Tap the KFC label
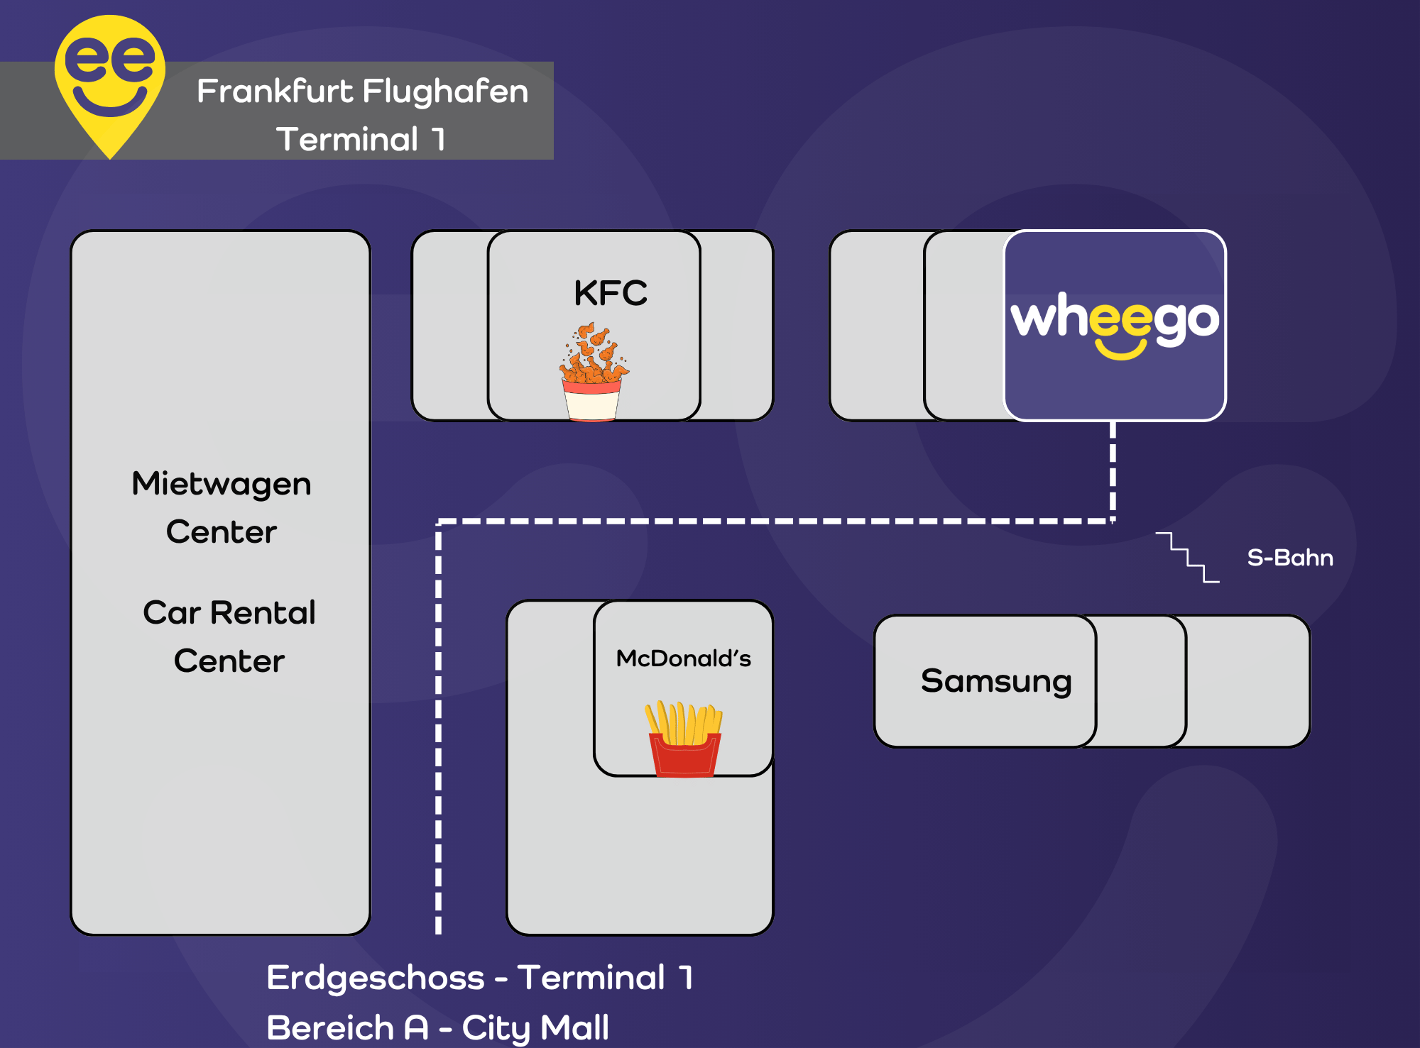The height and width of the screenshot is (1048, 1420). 611,293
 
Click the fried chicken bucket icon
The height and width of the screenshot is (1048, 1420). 593,373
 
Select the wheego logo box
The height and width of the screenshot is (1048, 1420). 1115,325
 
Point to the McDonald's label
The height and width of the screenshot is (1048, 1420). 683,658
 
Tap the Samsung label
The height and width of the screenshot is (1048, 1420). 995,680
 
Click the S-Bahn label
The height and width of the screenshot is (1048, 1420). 1290,558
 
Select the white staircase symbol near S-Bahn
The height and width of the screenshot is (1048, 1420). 1188,558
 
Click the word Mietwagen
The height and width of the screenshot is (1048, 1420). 222,484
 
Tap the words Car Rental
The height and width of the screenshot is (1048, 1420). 229,612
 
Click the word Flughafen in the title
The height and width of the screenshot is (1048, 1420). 446,92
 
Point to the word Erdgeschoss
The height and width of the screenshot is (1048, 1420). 376,978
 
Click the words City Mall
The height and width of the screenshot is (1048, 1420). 535,1027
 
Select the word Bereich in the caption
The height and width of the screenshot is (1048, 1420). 331,1027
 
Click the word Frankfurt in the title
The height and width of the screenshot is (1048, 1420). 275,92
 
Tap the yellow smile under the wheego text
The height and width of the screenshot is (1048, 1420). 1120,350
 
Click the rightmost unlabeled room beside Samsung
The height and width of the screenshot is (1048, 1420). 1247,680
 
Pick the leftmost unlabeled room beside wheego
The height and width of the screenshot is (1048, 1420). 876,325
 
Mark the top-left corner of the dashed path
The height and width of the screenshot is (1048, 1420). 439,522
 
